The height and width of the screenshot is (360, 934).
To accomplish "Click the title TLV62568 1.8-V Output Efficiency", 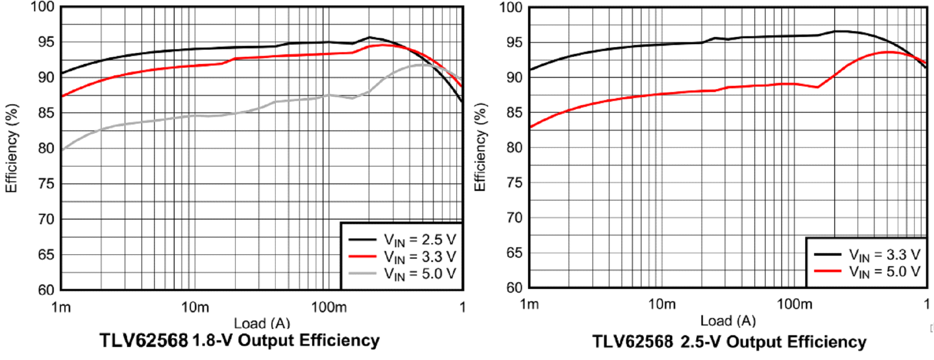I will pos(239,340).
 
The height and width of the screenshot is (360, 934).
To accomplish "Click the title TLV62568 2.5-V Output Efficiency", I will pos(729,341).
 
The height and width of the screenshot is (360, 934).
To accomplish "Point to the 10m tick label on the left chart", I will pos(195,307).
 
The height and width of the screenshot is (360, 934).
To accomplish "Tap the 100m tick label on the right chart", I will pos(794,304).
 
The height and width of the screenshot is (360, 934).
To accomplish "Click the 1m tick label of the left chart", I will pos(61,307).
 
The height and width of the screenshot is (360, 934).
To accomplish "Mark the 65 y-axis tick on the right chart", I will pos(514,253).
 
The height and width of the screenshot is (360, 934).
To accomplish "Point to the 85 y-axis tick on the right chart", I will pos(514,113).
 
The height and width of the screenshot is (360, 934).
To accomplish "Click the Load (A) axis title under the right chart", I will pos(728,321).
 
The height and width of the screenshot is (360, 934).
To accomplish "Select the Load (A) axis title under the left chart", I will pos(262,323).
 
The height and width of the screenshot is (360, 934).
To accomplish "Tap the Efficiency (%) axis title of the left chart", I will pos(11,148).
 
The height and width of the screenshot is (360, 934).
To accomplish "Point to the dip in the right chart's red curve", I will pos(817,87).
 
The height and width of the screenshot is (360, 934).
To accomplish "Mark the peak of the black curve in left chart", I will pos(369,37).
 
